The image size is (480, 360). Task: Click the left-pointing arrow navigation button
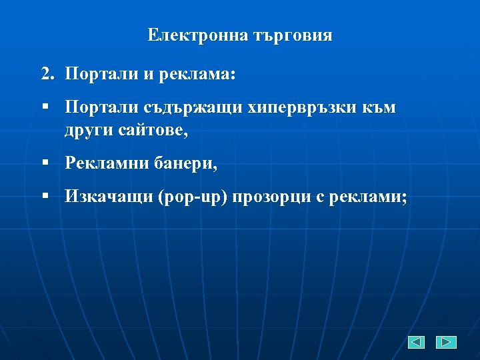pyautogui.click(x=417, y=342)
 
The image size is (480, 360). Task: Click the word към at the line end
pyautogui.click(x=380, y=108)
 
